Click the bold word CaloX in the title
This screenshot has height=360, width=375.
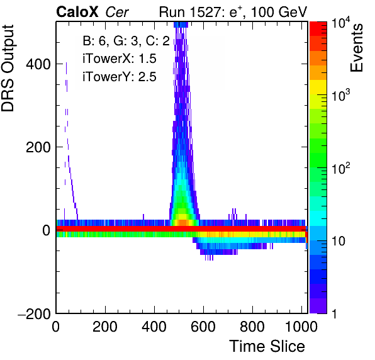click(77, 12)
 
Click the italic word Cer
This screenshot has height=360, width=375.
click(117, 12)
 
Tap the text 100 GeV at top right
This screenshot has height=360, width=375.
click(279, 12)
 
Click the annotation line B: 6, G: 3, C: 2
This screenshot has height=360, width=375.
click(126, 41)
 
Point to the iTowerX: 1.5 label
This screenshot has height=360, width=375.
click(120, 59)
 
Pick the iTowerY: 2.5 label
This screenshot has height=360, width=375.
click(120, 77)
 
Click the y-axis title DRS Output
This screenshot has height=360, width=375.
click(8, 68)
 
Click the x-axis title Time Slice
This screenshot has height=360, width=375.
click(267, 346)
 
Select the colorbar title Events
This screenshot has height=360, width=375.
click(356, 48)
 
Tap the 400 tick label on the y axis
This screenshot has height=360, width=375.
click(38, 64)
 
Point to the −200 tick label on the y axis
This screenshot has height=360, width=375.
click(34, 313)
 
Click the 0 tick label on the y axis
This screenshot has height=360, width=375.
click(47, 230)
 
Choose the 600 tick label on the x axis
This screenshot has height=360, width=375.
click(203, 327)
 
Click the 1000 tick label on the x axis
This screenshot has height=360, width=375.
click(301, 327)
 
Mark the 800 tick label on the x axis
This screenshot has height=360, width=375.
click(252, 327)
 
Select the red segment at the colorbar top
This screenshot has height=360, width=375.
click(318, 29)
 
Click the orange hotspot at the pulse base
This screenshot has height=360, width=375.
click(182, 222)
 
